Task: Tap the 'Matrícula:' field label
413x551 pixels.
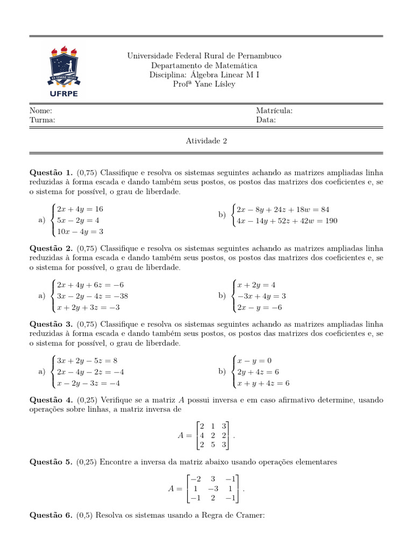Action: [274, 110]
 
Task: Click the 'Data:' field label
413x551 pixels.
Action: [266, 120]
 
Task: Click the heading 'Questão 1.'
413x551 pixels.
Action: [51, 173]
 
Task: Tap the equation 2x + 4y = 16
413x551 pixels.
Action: [80, 209]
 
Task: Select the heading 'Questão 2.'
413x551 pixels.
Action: [51, 248]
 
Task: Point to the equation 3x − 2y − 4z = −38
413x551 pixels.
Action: [92, 296]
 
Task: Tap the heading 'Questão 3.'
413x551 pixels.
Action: [51, 323]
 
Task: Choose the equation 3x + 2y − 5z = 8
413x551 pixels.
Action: [87, 360]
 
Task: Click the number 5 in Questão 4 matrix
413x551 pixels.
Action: [212, 445]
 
